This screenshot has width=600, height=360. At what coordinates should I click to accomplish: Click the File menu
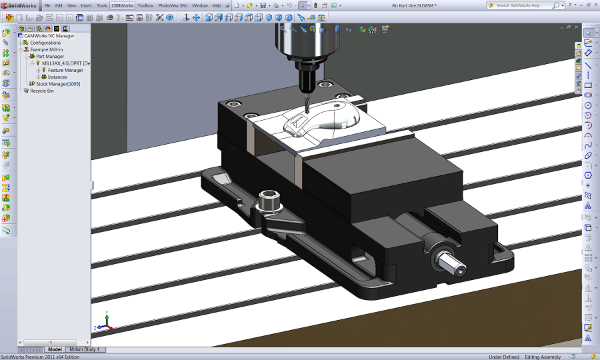pos(47,5)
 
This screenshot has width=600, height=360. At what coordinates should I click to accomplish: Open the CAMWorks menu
pos(123,5)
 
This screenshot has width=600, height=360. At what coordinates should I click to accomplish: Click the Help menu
pos(217,5)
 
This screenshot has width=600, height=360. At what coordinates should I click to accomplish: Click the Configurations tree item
pos(45,43)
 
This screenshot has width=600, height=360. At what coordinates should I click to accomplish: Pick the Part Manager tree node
pos(50,57)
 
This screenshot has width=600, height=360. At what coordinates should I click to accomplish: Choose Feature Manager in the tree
pos(65,70)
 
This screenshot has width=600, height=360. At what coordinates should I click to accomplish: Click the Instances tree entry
pos(57,77)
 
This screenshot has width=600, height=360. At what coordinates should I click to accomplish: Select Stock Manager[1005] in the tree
pos(58,84)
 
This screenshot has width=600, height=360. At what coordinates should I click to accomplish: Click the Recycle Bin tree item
pos(41,91)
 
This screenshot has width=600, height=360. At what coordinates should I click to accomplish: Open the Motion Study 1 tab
pos(85,349)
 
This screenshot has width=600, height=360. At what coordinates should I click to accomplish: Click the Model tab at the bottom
pos(55,349)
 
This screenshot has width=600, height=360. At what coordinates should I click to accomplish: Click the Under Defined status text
pos(504,357)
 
